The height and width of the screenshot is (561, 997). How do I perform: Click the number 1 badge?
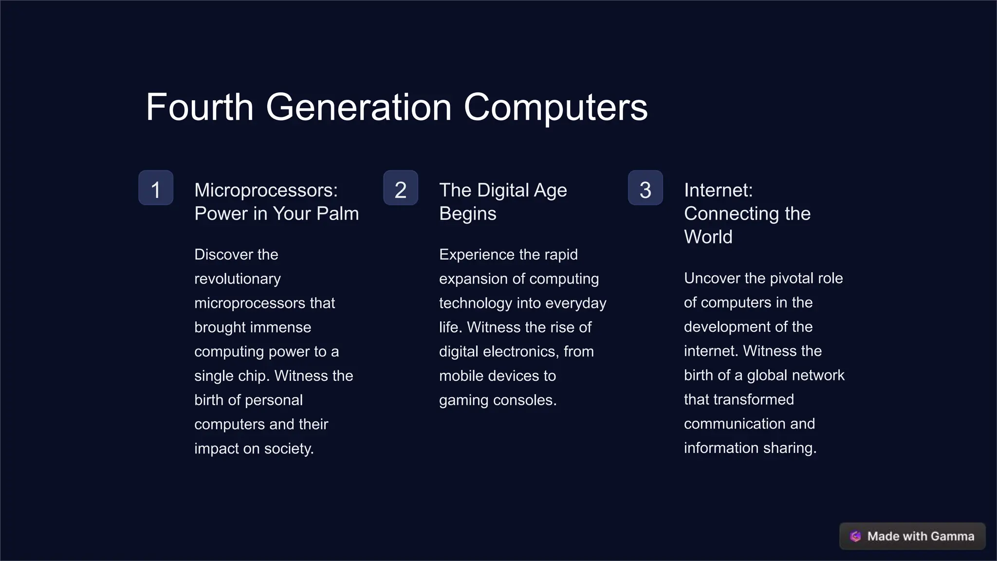156,188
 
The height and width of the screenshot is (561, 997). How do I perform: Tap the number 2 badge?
401,188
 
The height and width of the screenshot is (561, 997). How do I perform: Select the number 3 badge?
646,188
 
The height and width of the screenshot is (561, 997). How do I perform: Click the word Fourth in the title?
200,107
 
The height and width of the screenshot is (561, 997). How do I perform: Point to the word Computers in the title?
555,107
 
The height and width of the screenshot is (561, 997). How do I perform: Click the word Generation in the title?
359,107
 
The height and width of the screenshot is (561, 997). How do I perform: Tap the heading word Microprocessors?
266,190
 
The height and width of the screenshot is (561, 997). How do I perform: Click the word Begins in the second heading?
468,213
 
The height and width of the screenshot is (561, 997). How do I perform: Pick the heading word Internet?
718,190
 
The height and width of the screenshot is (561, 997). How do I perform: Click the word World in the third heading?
708,237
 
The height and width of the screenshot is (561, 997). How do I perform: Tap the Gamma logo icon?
855,536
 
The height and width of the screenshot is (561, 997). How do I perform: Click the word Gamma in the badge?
952,536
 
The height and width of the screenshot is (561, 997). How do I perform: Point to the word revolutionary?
238,279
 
